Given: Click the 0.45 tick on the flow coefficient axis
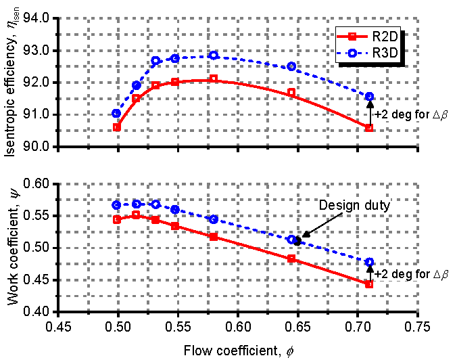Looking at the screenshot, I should point(58,325).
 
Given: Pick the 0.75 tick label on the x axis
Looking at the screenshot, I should point(418,325).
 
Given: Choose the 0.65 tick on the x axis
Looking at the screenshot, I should point(298,325).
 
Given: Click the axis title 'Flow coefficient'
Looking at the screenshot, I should point(238,348).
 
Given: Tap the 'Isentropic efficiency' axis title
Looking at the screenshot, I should point(12,85).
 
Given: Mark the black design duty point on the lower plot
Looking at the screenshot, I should point(297,240).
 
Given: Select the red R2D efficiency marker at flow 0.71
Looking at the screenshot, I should point(369,127).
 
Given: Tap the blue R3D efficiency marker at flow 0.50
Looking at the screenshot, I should point(117,114).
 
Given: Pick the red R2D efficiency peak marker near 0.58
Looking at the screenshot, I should point(214,79).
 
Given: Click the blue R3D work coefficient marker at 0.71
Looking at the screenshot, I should point(369,262).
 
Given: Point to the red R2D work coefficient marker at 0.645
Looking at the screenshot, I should point(292,258).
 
